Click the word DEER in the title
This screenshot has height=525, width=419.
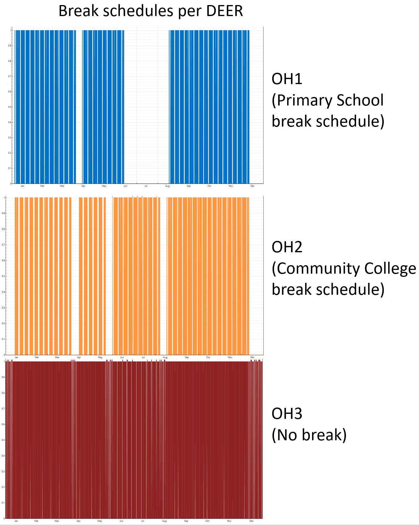pyautogui.click(x=225, y=11)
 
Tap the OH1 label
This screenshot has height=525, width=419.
pyautogui.click(x=287, y=79)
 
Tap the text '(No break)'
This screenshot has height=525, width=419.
pyautogui.click(x=309, y=435)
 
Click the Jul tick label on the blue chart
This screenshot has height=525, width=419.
pyautogui.click(x=146, y=186)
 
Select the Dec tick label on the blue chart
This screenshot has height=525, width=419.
pyautogui.click(x=252, y=186)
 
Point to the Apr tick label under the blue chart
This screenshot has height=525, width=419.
pyautogui.click(x=83, y=186)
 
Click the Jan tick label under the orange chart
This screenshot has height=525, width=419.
pyautogui.click(x=16, y=357)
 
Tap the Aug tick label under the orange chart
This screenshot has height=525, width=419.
pyautogui.click(x=165, y=357)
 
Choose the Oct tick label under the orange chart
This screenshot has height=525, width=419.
pyautogui.click(x=208, y=357)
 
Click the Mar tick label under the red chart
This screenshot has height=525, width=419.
pyautogui.click(x=57, y=521)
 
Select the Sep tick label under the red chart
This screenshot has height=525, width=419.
pyautogui.click(x=186, y=521)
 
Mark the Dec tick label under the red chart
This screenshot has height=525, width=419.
pyautogui.click(x=251, y=521)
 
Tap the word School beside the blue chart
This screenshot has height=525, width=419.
pyautogui.click(x=360, y=100)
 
